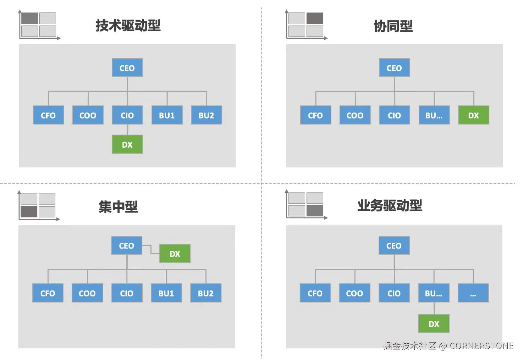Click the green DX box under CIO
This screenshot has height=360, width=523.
[x=127, y=144]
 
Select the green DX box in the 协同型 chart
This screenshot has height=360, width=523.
[x=473, y=115]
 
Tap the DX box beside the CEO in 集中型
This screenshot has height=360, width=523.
[x=175, y=253]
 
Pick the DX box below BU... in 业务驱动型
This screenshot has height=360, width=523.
[x=434, y=323]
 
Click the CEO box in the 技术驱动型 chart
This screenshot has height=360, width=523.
[x=127, y=68]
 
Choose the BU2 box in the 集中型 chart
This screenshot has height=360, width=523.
[x=206, y=293]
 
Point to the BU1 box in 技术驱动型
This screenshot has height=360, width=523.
[x=167, y=115]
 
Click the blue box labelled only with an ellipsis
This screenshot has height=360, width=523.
[x=473, y=293]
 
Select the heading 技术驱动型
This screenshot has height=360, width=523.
[x=128, y=26]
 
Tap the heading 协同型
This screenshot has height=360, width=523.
[x=393, y=26]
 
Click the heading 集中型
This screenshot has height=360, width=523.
[x=118, y=206]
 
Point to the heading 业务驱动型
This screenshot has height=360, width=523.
[x=390, y=206]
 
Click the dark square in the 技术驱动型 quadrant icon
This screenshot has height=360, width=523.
[x=29, y=18]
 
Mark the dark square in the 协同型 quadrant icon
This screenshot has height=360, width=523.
[x=315, y=18]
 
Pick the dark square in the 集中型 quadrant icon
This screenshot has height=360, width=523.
[x=29, y=212]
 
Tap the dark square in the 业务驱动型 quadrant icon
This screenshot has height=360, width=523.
[x=315, y=211]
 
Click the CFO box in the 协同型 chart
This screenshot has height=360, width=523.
[x=315, y=115]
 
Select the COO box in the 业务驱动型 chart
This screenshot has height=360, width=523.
[x=354, y=293]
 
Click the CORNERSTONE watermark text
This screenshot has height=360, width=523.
[x=481, y=345]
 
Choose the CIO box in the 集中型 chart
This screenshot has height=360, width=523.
[x=127, y=293]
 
